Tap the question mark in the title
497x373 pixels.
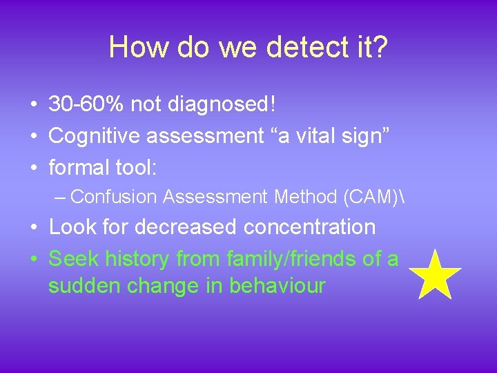pyautogui.click(x=380, y=48)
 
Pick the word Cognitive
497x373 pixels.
pyautogui.click(x=95, y=136)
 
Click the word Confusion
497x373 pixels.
pyautogui.click(x=114, y=197)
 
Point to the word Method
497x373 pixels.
pyautogui.click(x=304, y=197)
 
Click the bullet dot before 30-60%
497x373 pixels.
pyautogui.click(x=33, y=106)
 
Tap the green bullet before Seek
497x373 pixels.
pyautogui.click(x=33, y=259)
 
